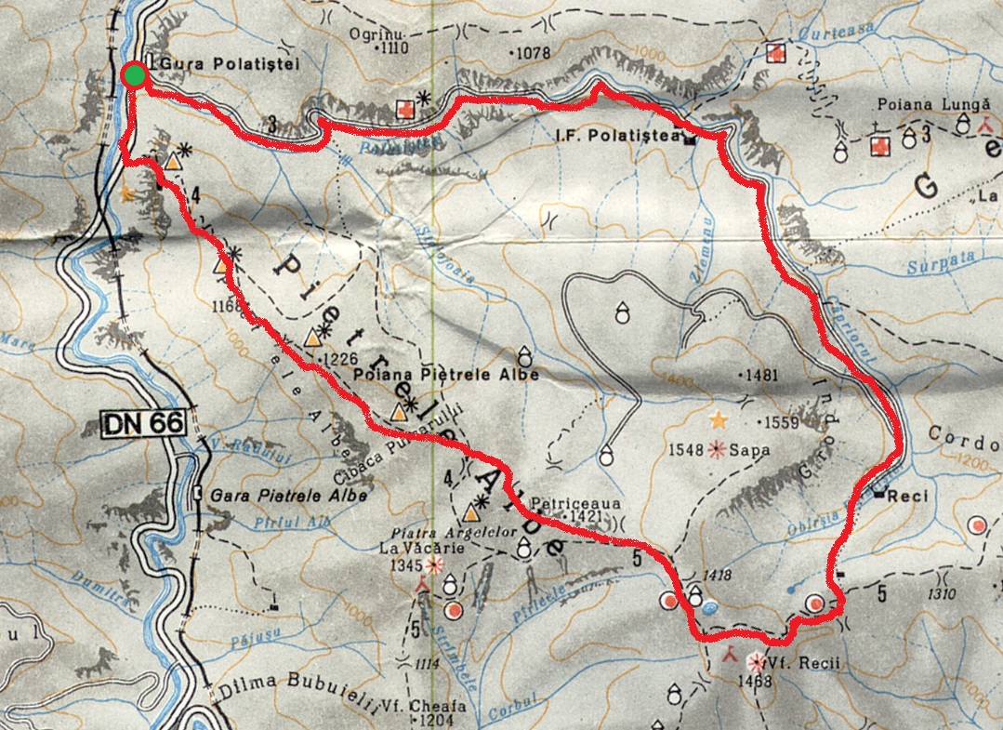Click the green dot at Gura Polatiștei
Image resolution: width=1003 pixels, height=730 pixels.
pos(136,75)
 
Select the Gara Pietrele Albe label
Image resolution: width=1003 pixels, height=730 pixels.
pos(288,496)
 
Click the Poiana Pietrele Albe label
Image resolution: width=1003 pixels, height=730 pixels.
pos(446,374)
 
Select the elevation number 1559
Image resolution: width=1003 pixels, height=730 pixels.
pos(782,422)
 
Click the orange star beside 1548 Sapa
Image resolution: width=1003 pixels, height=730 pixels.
pos(718,420)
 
